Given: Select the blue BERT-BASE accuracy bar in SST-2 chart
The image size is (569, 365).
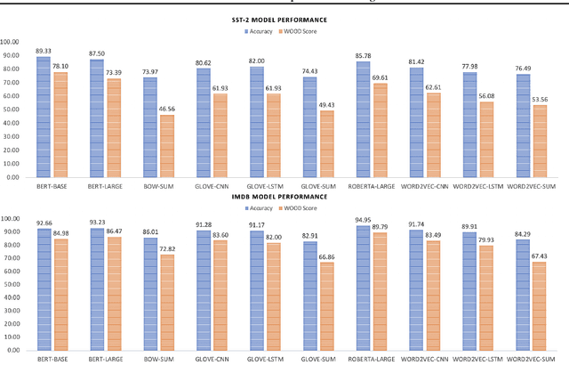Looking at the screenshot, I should (43, 117).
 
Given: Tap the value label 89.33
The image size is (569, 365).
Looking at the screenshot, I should (43, 51).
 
